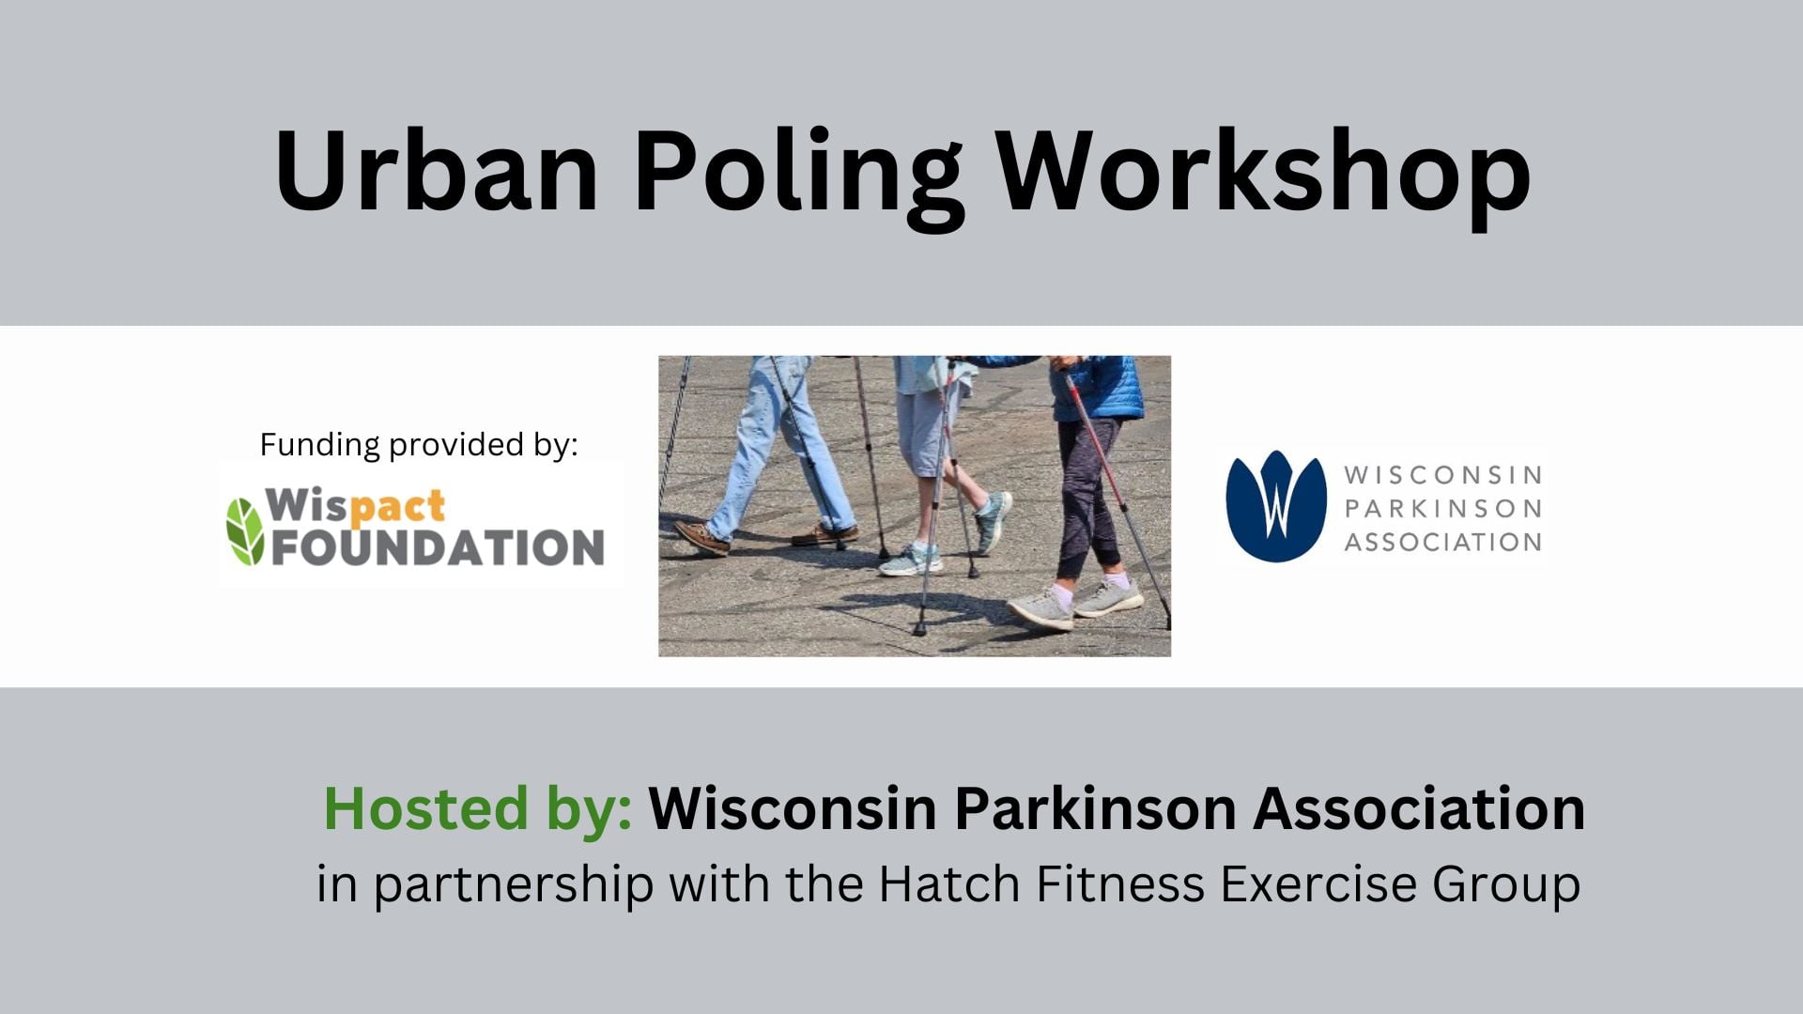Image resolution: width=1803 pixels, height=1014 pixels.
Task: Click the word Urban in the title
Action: click(437, 171)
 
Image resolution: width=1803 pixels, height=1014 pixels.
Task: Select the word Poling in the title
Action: click(799, 178)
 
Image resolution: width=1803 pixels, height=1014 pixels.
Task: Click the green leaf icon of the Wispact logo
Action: click(244, 530)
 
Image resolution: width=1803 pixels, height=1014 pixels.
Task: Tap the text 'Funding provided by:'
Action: click(419, 444)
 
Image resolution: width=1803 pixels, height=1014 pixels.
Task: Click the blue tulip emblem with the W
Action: click(1275, 506)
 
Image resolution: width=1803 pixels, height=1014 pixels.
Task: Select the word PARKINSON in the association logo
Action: click(1442, 508)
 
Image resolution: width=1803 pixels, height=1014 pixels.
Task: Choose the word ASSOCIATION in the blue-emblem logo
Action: click(1442, 542)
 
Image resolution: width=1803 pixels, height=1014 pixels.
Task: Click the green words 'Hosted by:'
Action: click(478, 808)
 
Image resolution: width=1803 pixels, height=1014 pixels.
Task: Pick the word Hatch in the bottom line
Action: click(948, 883)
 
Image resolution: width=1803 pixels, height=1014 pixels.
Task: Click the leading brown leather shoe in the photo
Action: click(701, 537)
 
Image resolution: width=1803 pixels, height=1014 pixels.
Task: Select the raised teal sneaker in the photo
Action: click(993, 521)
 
